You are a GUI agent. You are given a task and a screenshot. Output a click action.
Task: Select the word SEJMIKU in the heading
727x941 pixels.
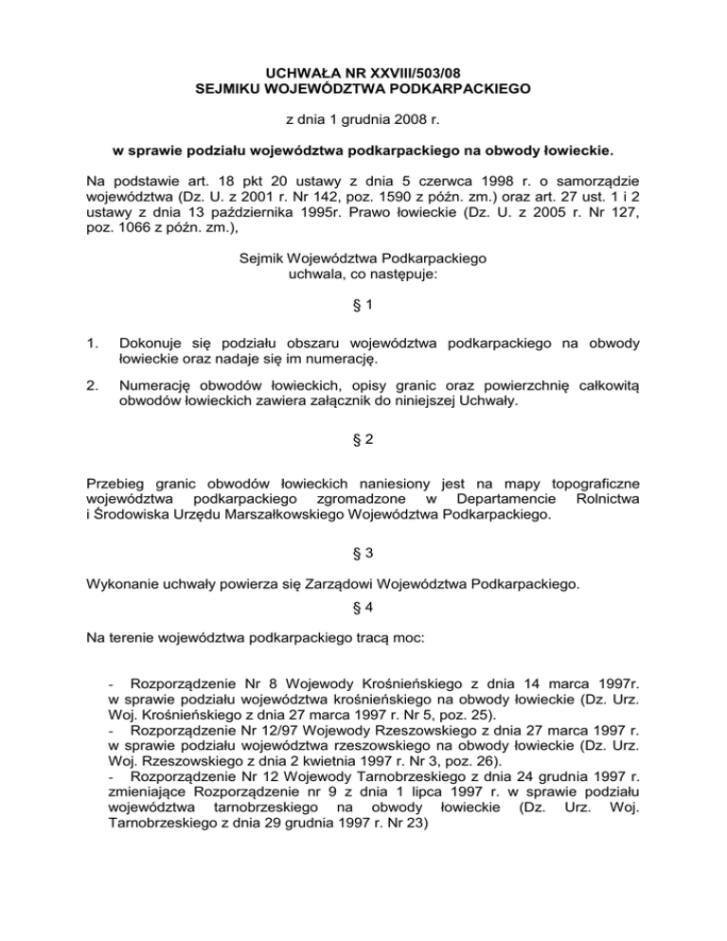pos(230,89)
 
